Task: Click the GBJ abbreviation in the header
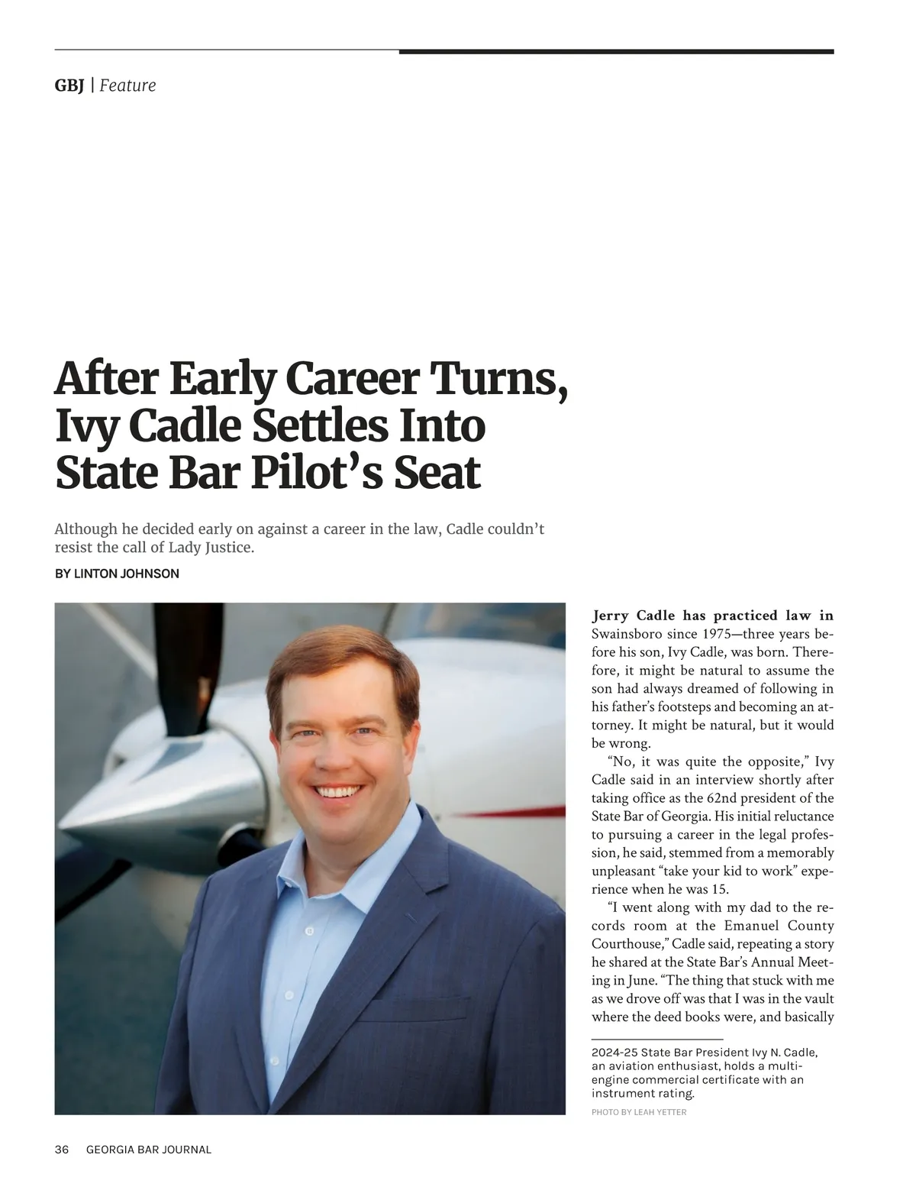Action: (69, 86)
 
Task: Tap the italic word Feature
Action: (127, 86)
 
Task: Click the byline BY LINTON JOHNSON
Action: (117, 574)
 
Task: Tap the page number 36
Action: (62, 1150)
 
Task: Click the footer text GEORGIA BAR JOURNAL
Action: (149, 1150)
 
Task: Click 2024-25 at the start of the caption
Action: (614, 1052)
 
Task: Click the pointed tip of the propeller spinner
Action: (64, 828)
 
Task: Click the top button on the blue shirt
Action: (309, 931)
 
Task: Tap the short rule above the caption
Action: (657, 1040)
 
